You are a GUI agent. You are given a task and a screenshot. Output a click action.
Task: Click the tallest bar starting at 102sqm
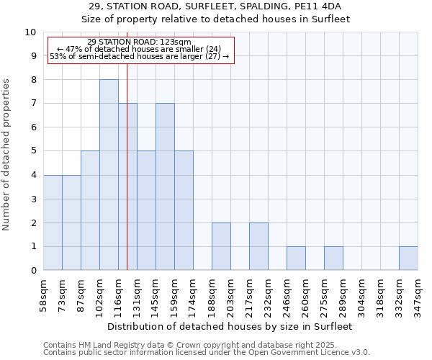point(109,175)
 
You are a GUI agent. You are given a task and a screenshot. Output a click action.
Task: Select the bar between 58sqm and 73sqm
point(53,222)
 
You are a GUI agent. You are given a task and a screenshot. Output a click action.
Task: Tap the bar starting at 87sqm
point(90,210)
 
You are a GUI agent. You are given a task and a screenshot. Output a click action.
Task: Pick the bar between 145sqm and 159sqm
point(165,187)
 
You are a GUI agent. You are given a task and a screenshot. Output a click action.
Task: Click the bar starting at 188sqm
point(221,246)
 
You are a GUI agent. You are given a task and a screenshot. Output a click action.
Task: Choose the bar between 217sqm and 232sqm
point(258,246)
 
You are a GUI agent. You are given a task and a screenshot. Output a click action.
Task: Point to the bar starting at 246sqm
point(296,258)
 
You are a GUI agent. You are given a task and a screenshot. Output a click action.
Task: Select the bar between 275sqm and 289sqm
point(333,258)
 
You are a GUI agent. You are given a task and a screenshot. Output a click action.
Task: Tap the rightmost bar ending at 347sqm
point(408,258)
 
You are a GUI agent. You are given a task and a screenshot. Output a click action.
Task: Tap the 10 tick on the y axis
point(31,32)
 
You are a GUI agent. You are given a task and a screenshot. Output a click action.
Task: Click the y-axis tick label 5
point(33,151)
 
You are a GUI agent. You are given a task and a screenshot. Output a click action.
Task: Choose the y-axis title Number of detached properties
point(7,155)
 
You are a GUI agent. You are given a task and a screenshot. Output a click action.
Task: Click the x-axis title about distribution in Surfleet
point(230,326)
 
